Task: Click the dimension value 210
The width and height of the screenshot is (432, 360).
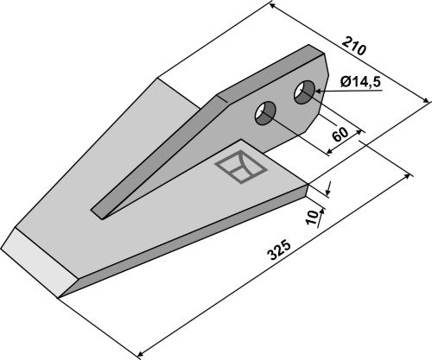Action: tap(354, 46)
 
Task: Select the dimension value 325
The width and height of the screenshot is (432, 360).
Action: tap(279, 250)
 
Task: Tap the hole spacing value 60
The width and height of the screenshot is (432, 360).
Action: tap(340, 135)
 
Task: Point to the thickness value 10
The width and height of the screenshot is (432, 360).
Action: tap(312, 218)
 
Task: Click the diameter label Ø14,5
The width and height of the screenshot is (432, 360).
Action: tap(360, 83)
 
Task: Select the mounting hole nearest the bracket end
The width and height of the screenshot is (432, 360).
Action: tap(304, 92)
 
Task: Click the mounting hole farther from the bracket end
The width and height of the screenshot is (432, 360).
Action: tap(265, 113)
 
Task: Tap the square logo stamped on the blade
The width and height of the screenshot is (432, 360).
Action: tap(241, 167)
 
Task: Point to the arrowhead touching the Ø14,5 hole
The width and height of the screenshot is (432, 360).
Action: tap(319, 92)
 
